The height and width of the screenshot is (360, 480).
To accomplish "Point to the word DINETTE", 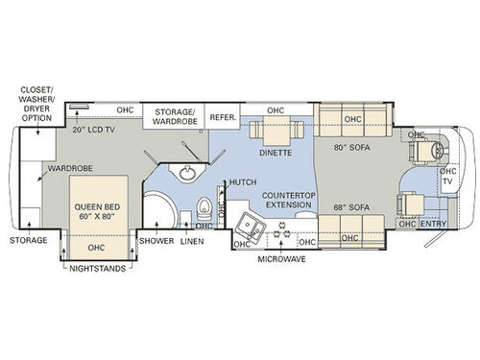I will pyautogui.click(x=276, y=150).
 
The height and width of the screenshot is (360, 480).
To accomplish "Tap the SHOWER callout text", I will pyautogui.click(x=156, y=240).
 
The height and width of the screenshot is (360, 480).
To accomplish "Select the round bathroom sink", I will pyautogui.click(x=184, y=174).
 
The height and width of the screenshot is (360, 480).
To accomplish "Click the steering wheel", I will pyautogui.click(x=439, y=150).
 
